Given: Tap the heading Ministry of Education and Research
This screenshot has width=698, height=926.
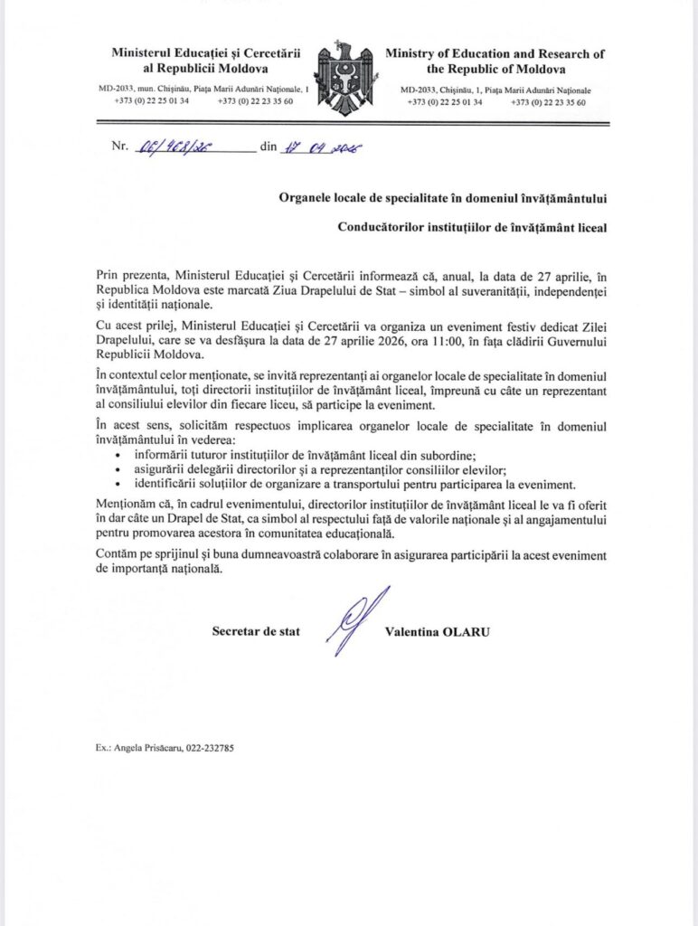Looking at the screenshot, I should point(495,54).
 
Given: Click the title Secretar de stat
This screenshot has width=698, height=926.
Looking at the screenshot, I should point(255,631).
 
